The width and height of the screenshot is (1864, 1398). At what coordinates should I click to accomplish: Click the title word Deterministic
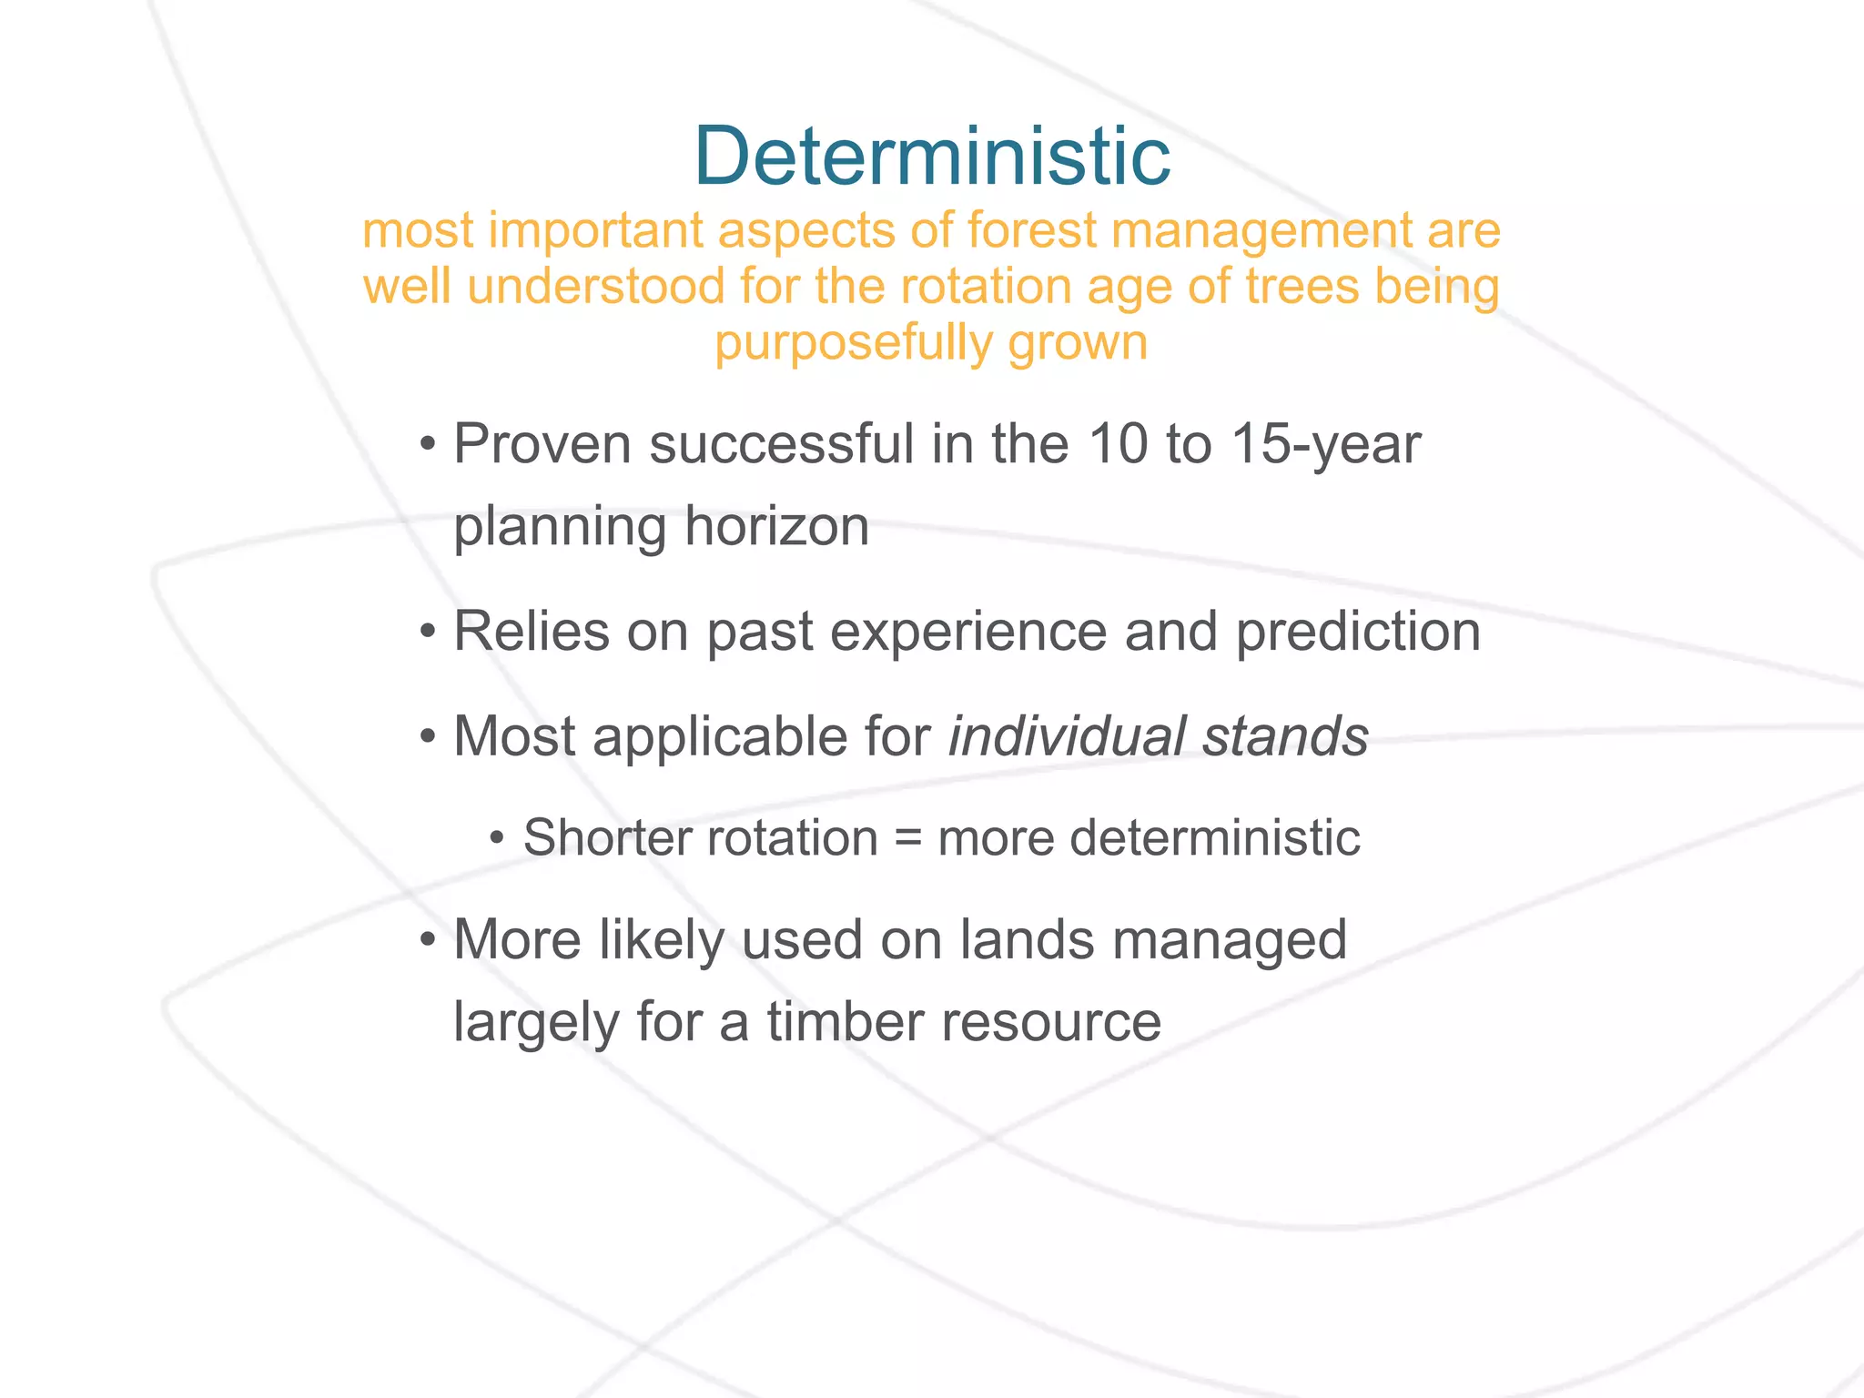coord(932,157)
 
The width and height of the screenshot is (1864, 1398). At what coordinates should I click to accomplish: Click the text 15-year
coord(1324,445)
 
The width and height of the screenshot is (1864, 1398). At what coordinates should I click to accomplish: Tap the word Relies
coord(531,632)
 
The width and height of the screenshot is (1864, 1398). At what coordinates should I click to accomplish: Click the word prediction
coord(1357,632)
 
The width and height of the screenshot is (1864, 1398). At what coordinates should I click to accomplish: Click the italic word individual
coord(1066,736)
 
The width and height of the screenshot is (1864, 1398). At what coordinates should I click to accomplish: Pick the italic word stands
coord(1284,736)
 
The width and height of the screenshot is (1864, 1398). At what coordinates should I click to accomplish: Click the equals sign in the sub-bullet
coord(907,838)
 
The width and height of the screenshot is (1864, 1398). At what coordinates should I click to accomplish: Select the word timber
coord(845,1022)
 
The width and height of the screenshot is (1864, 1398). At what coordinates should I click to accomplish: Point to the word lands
coord(1027,940)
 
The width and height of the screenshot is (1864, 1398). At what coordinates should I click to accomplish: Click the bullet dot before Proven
coord(427,447)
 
